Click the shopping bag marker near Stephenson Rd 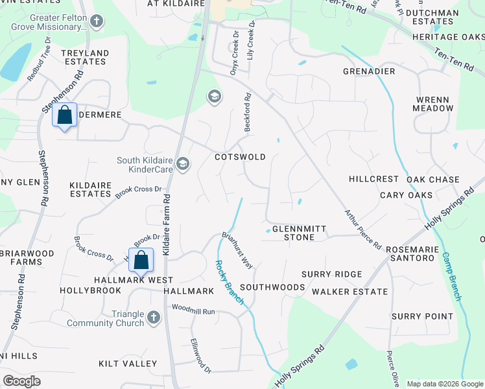coord(65,116)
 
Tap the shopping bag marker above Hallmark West coord(141,261)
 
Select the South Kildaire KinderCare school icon coord(183,163)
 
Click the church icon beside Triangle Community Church coord(153,318)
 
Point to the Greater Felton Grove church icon coord(97,22)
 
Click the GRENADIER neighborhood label coord(369,71)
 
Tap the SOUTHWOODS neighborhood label coord(272,287)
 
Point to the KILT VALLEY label coord(128,364)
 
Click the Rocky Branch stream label coord(230,282)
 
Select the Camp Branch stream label coord(451,275)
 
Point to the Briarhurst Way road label coord(237,250)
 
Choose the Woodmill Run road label coord(193,312)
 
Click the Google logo coord(22,381)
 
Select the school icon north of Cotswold coord(213,97)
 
